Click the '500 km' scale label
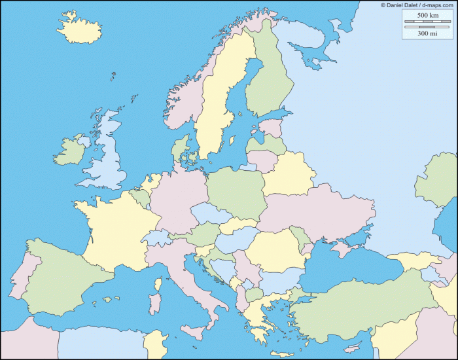[427, 15]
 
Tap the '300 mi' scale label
[427, 33]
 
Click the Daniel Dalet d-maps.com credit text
[417, 5]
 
